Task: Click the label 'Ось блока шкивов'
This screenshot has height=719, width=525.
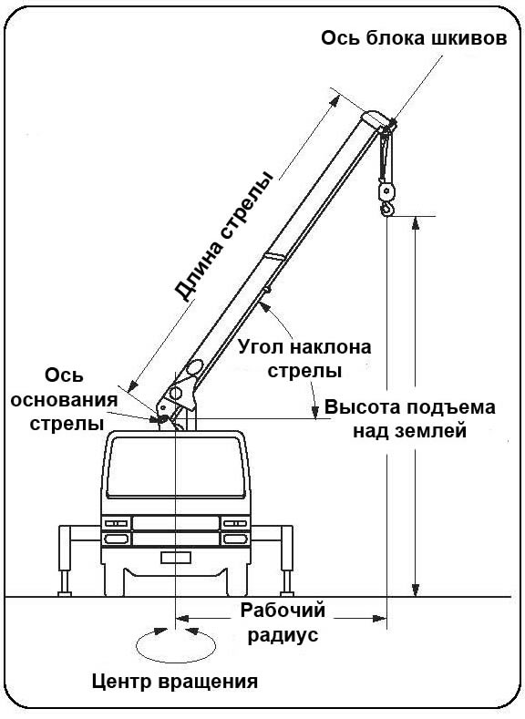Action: coord(414,38)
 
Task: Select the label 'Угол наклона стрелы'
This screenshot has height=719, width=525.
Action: coord(304,358)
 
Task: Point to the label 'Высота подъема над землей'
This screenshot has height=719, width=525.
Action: coord(410,419)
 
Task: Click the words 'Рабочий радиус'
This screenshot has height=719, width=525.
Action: coord(283,622)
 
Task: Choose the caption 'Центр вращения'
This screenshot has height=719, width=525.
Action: coord(175,682)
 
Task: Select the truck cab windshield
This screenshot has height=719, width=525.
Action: coord(175,467)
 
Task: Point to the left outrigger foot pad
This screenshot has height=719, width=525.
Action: coord(65,594)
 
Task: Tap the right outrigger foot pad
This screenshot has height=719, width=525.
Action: coord(287,594)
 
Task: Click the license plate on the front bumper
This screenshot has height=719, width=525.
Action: coord(176,558)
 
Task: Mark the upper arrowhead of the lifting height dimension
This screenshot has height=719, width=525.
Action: coord(416,223)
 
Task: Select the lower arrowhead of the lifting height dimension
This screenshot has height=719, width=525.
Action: coord(416,591)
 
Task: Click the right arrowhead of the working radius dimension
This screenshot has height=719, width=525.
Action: coord(380,619)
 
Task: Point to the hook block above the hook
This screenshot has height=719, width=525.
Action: coord(385,191)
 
